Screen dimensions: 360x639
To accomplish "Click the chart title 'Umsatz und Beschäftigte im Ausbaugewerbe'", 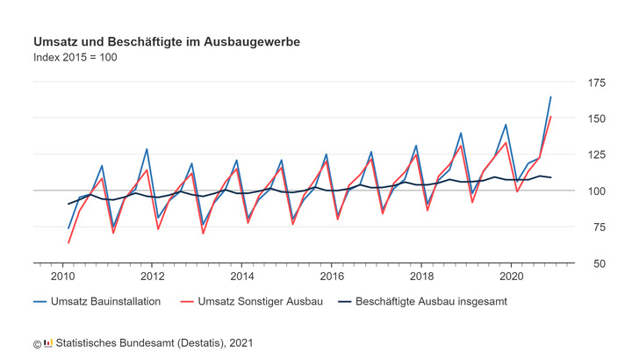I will (x=164, y=41).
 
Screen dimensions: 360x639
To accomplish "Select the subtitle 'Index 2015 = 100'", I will (x=75, y=58).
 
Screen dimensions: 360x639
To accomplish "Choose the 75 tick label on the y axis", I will (x=598, y=227).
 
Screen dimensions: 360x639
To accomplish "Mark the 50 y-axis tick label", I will (x=598, y=263).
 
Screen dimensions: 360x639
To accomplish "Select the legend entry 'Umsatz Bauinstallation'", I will (x=105, y=301).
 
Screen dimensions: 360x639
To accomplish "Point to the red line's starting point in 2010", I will (x=68, y=242).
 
